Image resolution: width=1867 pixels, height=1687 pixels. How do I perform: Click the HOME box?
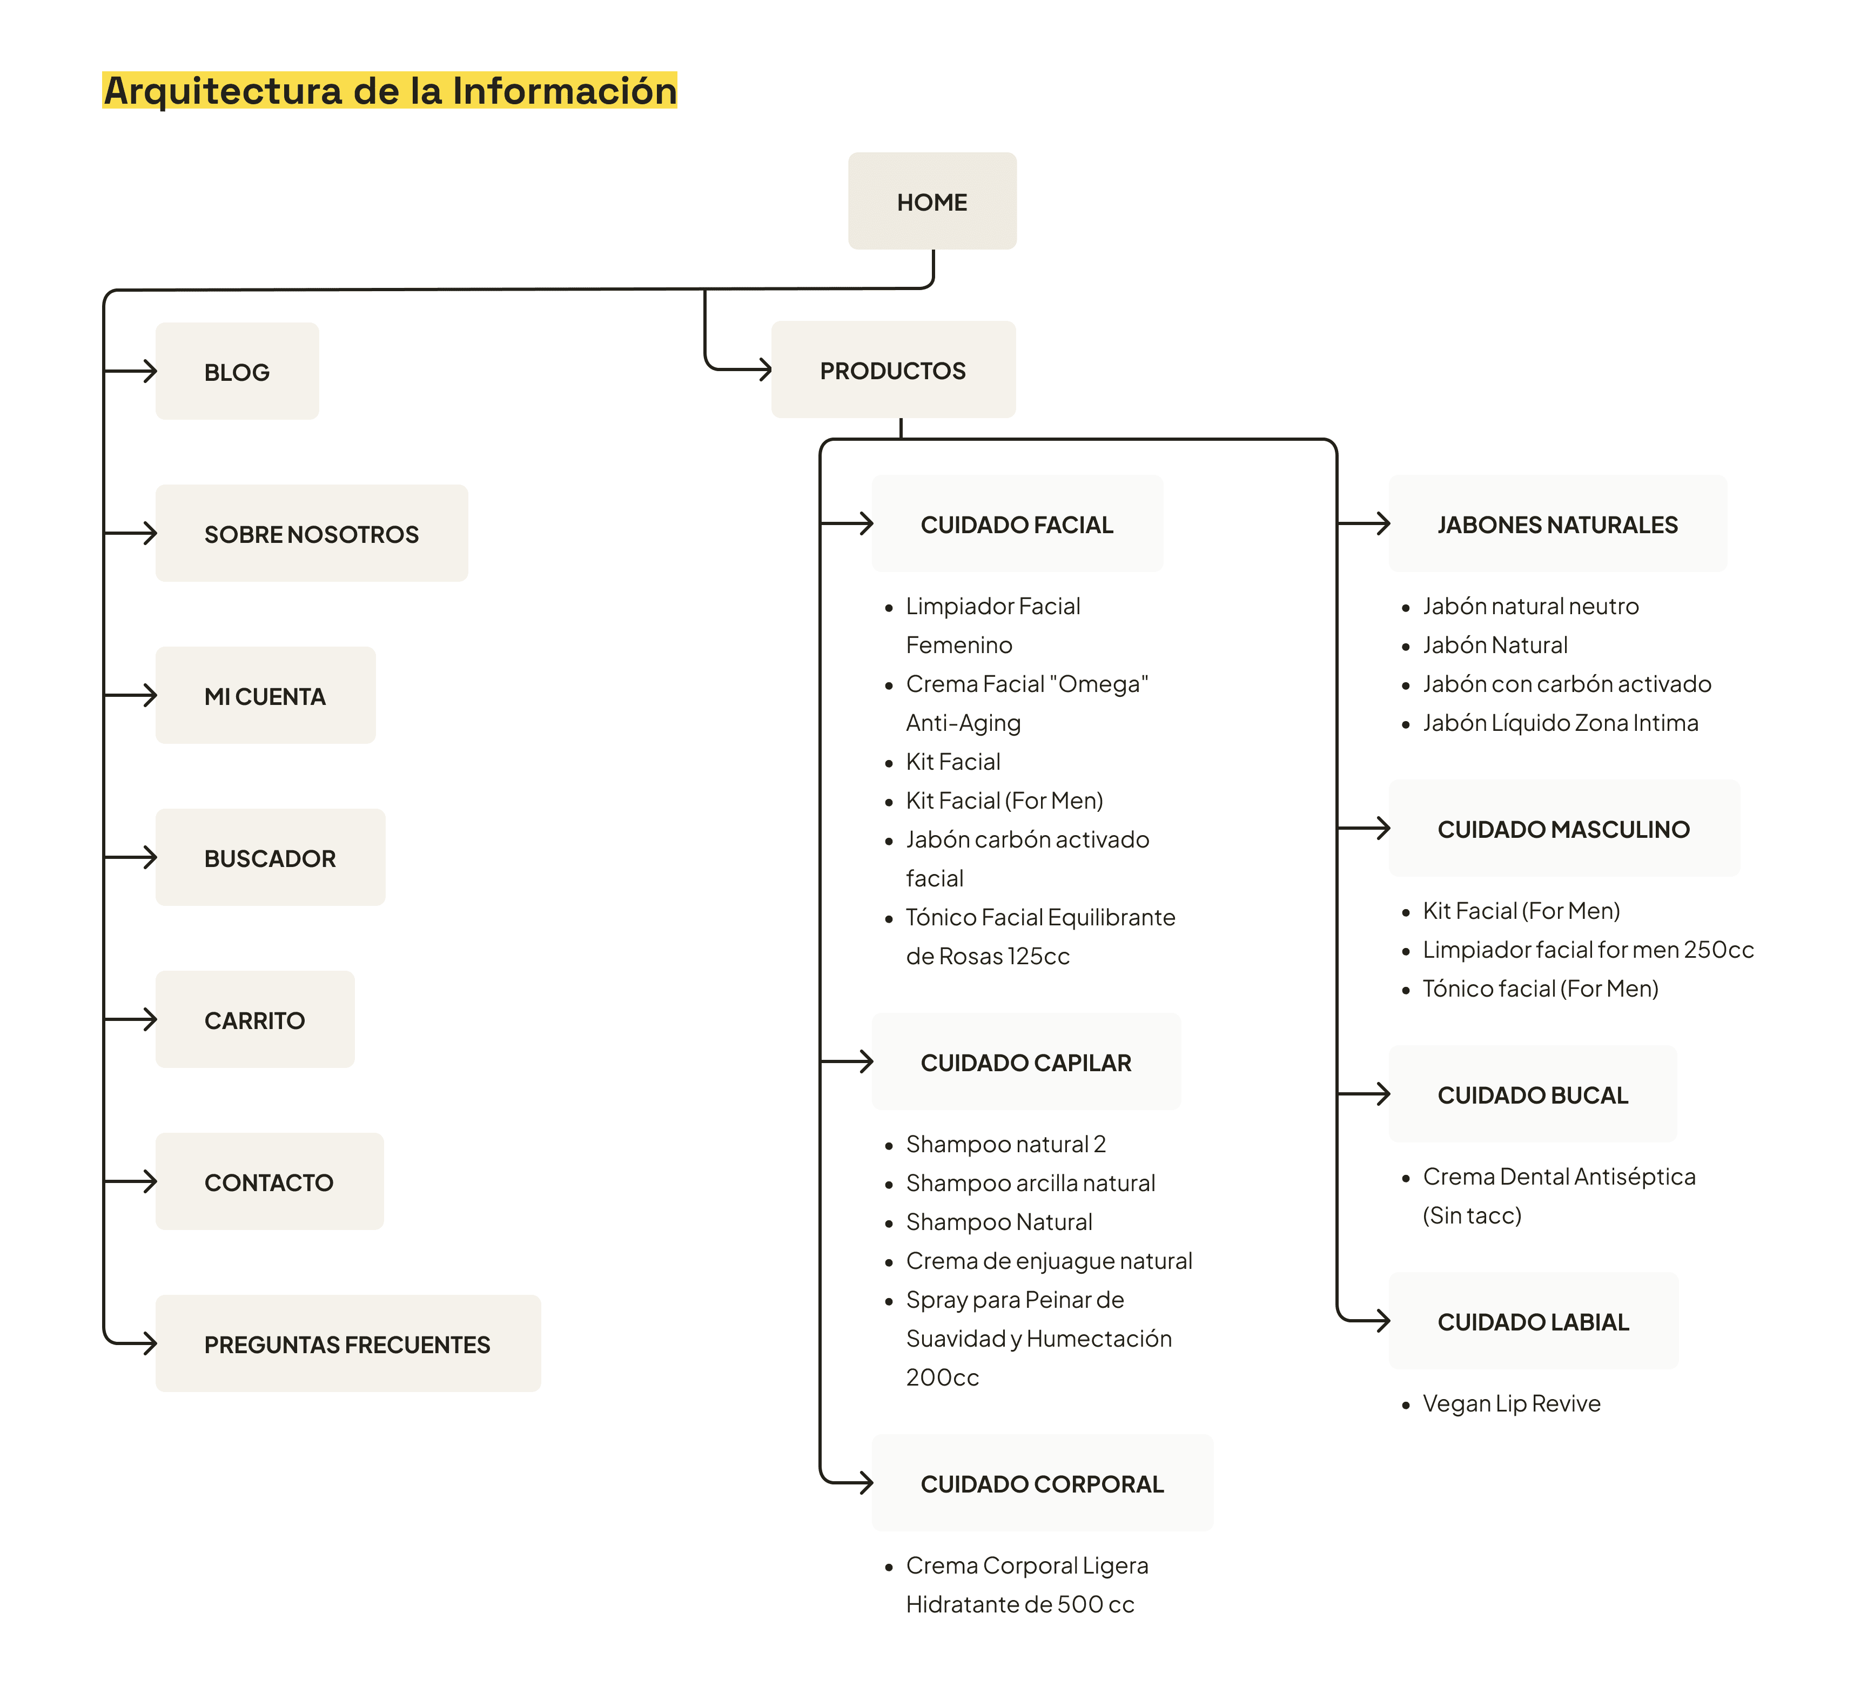pyautogui.click(x=932, y=201)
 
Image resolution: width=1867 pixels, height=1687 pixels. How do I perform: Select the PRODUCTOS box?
pyautogui.click(x=893, y=369)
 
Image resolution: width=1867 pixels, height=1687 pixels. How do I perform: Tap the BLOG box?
pyautogui.click(x=237, y=371)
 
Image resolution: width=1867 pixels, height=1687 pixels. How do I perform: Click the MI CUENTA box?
pyautogui.click(x=266, y=695)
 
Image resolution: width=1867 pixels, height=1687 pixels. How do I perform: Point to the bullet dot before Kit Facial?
pyautogui.click(x=889, y=763)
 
